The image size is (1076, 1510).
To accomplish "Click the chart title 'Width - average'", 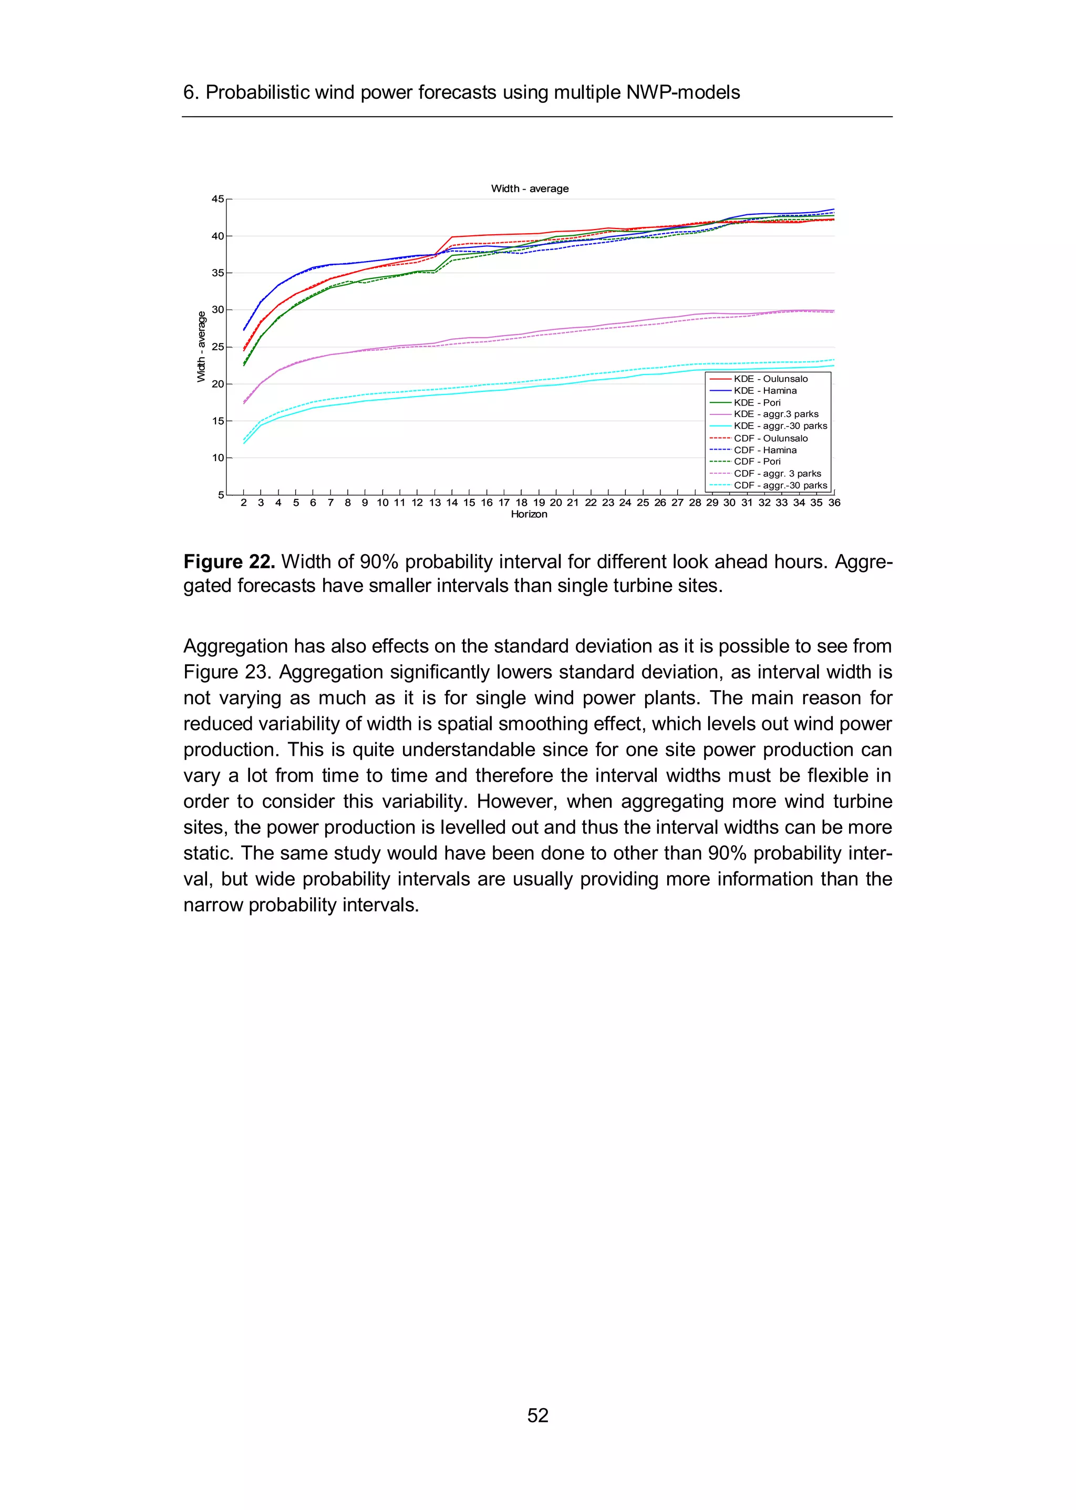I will point(530,189).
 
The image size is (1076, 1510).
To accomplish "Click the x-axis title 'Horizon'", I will point(529,515).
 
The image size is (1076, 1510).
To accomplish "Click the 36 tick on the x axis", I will point(834,503).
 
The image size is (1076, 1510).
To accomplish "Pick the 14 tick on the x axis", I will point(452,503).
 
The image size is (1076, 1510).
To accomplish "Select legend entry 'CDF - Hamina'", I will point(765,450).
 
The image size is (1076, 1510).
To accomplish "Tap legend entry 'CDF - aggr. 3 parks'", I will point(777,474).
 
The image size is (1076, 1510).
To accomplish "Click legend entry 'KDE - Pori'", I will point(757,403).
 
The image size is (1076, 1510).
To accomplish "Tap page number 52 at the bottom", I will point(537,1415).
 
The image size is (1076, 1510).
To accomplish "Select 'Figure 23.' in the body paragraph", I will point(226,672).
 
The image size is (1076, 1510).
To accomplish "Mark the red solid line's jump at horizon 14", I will point(452,237).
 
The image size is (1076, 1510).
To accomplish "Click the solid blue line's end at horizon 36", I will point(833,209).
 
